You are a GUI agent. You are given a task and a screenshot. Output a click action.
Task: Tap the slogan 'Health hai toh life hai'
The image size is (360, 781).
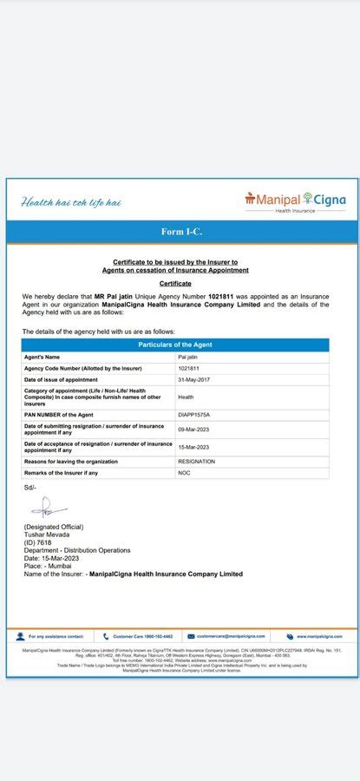(x=70, y=203)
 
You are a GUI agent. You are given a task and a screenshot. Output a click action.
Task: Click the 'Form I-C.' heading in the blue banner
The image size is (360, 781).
(x=181, y=232)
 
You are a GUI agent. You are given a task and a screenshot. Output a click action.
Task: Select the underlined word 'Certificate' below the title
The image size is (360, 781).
(x=175, y=285)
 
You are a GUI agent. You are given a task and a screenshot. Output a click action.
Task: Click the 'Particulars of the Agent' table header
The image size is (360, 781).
(x=175, y=345)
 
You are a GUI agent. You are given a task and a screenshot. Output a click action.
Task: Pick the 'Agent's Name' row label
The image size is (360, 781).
(x=43, y=357)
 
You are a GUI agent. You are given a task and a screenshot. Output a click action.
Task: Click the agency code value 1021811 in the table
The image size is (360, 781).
(x=188, y=368)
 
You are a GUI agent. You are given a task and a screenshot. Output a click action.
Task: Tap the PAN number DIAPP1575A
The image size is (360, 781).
(x=194, y=415)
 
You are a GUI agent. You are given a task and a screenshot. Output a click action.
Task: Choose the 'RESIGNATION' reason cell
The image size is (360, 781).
(x=197, y=462)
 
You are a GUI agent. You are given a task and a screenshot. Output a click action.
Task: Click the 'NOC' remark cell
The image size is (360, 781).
(x=184, y=473)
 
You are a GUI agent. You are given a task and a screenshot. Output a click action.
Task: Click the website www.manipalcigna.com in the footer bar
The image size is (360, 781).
(x=319, y=636)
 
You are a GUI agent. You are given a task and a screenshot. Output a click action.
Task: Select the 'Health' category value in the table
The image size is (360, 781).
(x=186, y=397)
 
